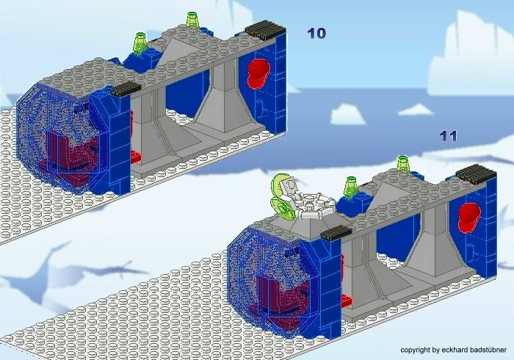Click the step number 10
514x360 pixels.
pos(316,33)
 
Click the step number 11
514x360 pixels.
pos(448,136)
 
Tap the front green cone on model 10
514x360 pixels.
pos(140,43)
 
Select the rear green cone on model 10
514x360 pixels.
pos(192,20)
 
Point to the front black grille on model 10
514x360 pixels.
pos(126,88)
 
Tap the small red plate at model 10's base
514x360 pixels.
pos(136,156)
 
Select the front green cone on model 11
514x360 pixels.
pos(350,187)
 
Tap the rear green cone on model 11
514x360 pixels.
pos(403,163)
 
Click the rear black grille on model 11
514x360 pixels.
pos(476,174)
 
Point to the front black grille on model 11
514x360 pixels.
pos(336,234)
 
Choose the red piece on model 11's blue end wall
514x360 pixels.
pos(469,217)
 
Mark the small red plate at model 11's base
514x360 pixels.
pos(347,300)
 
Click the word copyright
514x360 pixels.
pos(416,350)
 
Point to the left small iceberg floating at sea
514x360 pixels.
pos(347,114)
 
